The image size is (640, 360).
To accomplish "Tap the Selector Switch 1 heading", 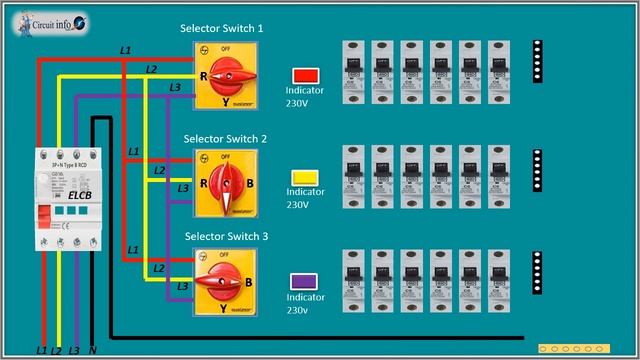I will click(221, 30).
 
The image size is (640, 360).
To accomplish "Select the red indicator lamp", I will click(304, 75).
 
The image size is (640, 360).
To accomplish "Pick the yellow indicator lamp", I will click(304, 177).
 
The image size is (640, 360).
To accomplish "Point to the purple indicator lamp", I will click(304, 281).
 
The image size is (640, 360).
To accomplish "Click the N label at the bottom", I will click(93, 351).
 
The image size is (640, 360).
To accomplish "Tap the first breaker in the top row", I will click(353, 73).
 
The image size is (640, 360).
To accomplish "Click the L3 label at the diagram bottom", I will click(75, 351).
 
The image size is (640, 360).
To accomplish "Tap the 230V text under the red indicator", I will click(298, 102).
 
